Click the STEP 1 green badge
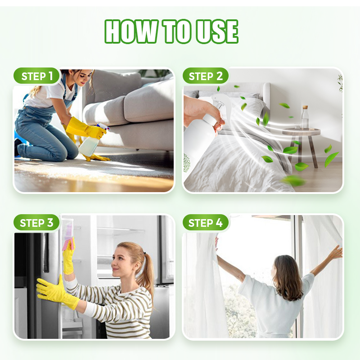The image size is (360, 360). click(37, 76)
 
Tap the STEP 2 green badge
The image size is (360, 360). click(206, 76)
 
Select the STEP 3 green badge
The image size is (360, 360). click(37, 223)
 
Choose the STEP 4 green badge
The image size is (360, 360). click(206, 223)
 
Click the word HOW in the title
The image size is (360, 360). click(131, 31)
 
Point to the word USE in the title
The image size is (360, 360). click(217, 31)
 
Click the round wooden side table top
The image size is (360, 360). click(301, 131)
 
